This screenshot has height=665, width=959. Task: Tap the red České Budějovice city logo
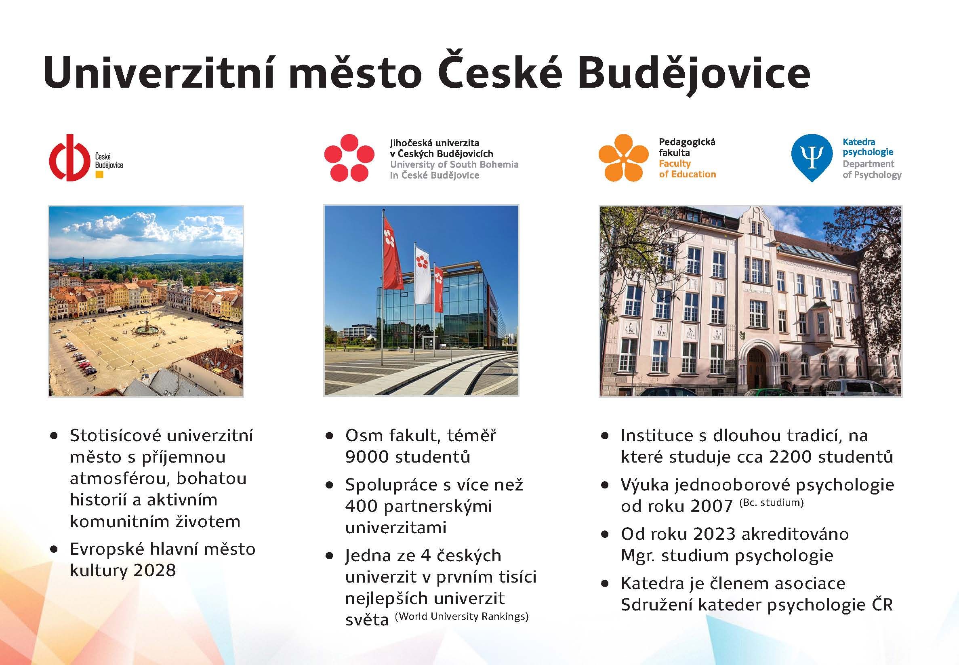click(69, 158)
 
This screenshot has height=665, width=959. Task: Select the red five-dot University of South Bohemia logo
click(349, 158)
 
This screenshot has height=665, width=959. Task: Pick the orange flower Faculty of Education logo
click(623, 158)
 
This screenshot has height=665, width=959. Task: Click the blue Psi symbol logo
click(812, 158)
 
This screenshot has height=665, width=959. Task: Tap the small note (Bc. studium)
click(771, 503)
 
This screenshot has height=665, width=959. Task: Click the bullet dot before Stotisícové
click(53, 436)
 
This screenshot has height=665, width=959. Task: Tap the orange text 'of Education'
click(688, 174)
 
